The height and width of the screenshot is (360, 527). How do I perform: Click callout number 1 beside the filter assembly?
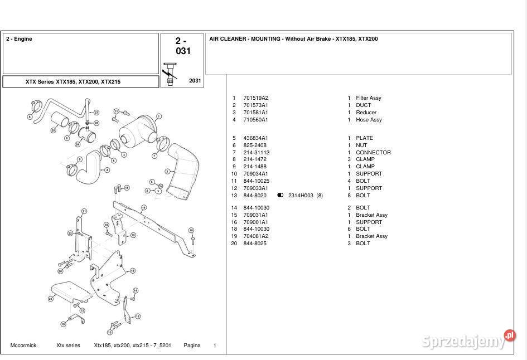(x=159, y=116)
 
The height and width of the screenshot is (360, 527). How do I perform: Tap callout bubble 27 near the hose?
(x=96, y=113)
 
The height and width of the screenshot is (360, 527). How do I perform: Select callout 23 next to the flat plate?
(x=51, y=299)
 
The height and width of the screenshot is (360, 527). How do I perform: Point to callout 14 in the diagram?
(x=135, y=290)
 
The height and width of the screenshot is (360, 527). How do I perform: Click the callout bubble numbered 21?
(x=84, y=211)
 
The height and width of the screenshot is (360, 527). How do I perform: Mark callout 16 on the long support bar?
(x=143, y=207)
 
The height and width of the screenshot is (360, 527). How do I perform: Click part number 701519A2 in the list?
(x=255, y=98)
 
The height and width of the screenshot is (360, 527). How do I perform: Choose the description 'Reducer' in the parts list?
(x=366, y=113)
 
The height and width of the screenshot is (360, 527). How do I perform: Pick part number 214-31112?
(x=256, y=153)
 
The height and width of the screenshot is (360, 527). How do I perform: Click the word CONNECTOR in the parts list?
(x=373, y=153)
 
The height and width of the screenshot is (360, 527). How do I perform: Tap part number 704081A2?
(x=255, y=236)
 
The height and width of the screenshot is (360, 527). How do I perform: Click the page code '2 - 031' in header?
(x=182, y=46)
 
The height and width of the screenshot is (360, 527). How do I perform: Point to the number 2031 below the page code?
(x=195, y=81)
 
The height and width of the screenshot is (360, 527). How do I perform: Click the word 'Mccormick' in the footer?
(x=23, y=346)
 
